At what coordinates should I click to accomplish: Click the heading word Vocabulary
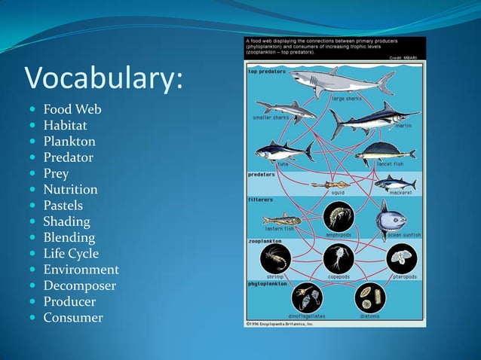pos(104,78)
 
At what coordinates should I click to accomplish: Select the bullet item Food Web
pos(72,110)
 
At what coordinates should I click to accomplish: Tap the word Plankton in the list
pos(69,142)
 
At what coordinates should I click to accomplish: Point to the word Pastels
pos(63,206)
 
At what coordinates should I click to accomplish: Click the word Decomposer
pos(79,285)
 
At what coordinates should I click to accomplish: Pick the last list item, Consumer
pos(73,318)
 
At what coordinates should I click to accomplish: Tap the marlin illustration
pos(372,119)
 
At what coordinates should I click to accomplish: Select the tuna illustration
pos(283,151)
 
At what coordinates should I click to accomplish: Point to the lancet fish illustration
pos(385,153)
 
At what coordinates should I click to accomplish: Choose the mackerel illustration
pos(395,183)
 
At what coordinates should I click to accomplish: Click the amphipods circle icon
pos(338,218)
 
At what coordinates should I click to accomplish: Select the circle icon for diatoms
pos(370,297)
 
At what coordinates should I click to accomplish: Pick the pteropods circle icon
pos(401,258)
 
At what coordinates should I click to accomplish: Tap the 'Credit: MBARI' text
pos(406,57)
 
